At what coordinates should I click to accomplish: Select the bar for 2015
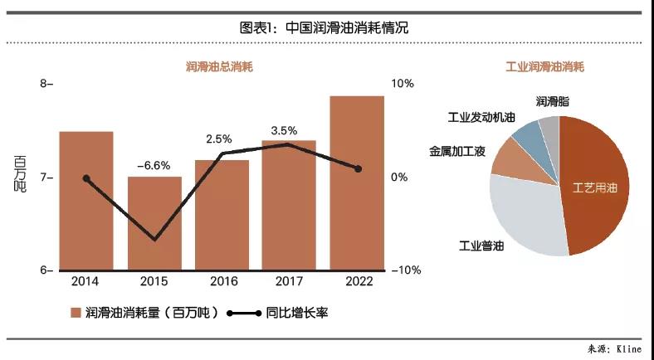pos(154,223)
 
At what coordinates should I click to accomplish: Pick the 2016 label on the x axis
pos(222,282)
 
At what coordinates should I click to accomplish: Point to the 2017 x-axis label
pos(290,282)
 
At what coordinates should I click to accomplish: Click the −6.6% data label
pos(154,166)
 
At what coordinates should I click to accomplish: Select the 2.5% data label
pos(219,139)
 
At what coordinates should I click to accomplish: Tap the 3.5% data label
pos(284,130)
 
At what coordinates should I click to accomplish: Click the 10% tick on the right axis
pos(402,84)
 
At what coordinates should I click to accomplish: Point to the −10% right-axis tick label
pos(405,270)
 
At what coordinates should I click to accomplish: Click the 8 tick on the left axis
pos(44,84)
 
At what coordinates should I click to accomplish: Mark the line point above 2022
pos(358,168)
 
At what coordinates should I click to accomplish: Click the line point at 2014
pos(86,178)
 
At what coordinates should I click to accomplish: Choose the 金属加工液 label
pos(457,153)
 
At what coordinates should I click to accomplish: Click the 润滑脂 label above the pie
pos(553,101)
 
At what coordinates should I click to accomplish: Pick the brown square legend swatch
pos(76,313)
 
